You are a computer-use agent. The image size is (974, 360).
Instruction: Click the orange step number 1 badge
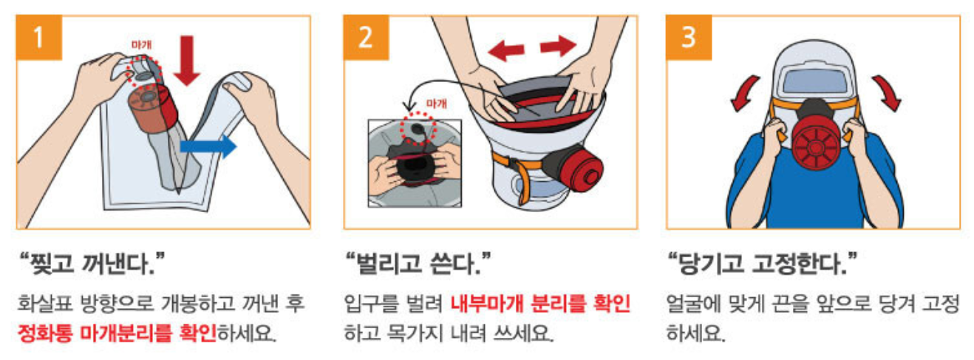point(39,38)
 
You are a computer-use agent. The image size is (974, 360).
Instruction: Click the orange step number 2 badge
point(366,38)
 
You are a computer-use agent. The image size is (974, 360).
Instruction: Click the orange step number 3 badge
point(689,38)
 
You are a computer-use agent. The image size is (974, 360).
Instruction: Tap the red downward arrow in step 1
point(187,61)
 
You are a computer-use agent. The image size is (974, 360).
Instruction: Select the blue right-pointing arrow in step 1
point(208,146)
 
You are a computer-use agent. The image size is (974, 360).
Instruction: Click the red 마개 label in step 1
point(142,45)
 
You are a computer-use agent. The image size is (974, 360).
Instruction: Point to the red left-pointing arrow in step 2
point(505,50)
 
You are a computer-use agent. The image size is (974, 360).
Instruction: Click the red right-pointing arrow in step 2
point(558,46)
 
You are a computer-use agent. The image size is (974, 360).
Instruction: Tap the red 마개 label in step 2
point(437,103)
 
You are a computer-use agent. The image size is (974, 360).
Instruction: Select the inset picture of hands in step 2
point(415,163)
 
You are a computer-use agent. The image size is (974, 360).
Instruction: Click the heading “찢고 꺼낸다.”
point(92,263)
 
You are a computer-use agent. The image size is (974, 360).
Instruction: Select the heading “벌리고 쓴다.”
point(418,263)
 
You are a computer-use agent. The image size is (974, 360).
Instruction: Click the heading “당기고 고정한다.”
point(762,263)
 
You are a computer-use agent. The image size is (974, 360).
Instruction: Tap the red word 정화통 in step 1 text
point(45,334)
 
